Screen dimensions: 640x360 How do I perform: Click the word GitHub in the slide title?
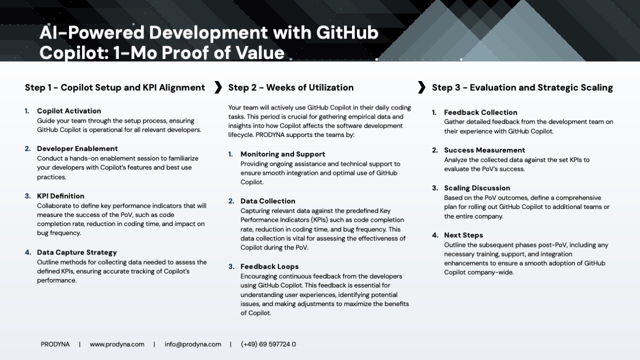347,32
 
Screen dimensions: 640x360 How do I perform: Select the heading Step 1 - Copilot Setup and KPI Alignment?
115,87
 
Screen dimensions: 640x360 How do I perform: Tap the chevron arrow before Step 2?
218,87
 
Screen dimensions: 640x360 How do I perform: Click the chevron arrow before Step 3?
421,87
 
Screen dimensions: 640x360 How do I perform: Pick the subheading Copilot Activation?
69,111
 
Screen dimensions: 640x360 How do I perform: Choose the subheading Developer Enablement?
77,148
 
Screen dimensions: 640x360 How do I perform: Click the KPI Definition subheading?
60,196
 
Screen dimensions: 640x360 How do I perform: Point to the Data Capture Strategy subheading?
77,252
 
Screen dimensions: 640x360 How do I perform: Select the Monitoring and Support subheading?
282,154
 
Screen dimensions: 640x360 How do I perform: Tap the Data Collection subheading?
267,201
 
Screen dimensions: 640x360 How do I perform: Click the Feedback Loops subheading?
269,266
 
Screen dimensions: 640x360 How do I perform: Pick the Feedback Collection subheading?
480,112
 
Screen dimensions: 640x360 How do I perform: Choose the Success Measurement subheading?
484,150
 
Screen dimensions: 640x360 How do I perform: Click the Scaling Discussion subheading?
477,188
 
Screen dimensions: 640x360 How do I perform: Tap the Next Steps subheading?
463,235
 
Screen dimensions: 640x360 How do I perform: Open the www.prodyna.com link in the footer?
117,344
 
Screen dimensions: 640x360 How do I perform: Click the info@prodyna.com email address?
193,344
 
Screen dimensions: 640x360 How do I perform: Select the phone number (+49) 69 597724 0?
268,344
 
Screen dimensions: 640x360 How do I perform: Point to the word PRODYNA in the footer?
55,344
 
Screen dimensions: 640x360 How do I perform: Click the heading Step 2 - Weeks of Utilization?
291,87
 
